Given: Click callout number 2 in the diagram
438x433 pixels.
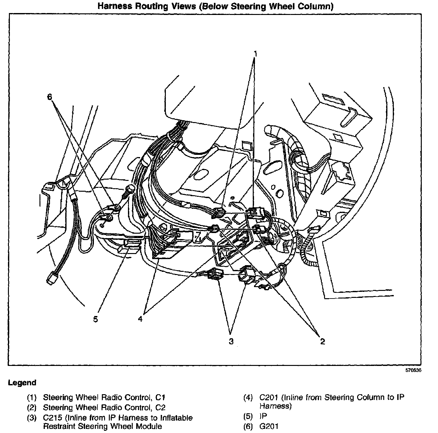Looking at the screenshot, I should [322, 341].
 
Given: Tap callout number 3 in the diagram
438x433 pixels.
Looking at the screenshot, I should [231, 341].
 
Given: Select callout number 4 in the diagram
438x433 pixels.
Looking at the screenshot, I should [140, 319].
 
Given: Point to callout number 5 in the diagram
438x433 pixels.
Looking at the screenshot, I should [96, 319].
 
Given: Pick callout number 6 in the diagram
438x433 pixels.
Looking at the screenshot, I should [49, 97].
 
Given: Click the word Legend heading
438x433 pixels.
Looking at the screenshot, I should [22, 383].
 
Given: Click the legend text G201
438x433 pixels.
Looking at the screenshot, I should [269, 426].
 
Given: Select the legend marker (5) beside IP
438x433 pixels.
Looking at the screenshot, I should [248, 416].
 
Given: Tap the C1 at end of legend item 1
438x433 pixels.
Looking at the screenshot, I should [160, 397].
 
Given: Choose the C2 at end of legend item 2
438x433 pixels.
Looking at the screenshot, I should [160, 407].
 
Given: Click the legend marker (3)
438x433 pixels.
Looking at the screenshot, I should [32, 417].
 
